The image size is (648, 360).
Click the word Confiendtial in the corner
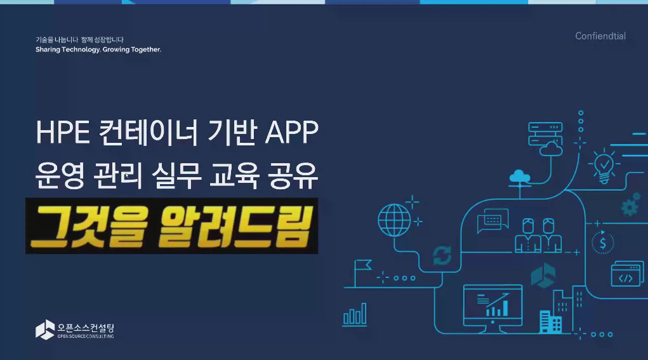pyautogui.click(x=600, y=36)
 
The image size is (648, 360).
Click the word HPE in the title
pyautogui.click(x=63, y=132)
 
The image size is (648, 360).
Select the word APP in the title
pyautogui.click(x=292, y=132)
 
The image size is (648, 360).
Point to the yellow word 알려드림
pyautogui.click(x=235, y=227)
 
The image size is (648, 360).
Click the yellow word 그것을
pyautogui.click(x=89, y=227)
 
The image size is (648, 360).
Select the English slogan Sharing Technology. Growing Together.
pyautogui.click(x=98, y=50)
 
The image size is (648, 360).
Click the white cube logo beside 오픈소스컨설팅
pyautogui.click(x=45, y=330)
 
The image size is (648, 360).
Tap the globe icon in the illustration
pyautogui.click(x=394, y=220)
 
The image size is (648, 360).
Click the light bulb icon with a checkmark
pyautogui.click(x=604, y=166)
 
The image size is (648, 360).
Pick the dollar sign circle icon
pyautogui.click(x=603, y=243)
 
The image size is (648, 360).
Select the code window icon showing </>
pyautogui.click(x=627, y=274)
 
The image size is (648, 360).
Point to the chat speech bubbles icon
pyautogui.click(x=493, y=221)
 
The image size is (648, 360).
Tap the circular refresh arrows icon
pyautogui.click(x=442, y=255)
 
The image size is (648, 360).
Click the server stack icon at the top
pyautogui.click(x=545, y=134)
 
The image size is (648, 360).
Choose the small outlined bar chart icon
pyautogui.click(x=355, y=315)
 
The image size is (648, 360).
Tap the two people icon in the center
pyautogui.click(x=538, y=235)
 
